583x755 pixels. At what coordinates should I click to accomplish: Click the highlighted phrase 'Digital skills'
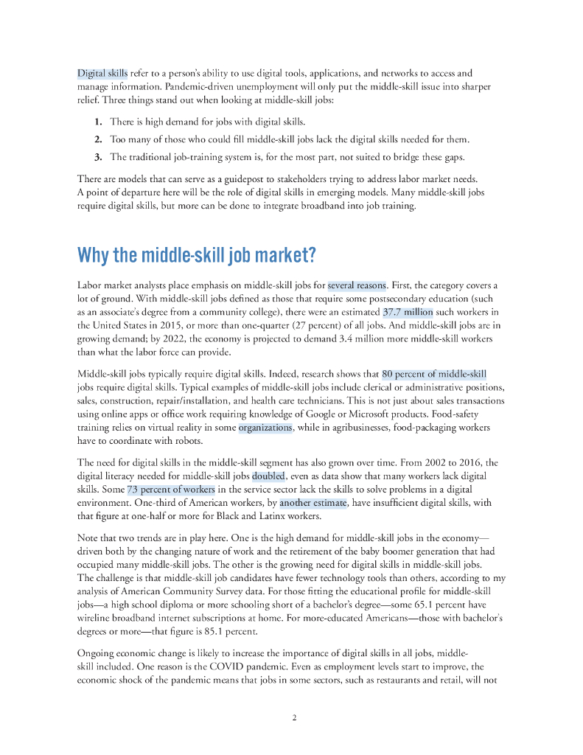[102, 73]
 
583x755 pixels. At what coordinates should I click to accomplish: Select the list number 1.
[97, 121]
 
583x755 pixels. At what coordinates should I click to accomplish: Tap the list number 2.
[97, 139]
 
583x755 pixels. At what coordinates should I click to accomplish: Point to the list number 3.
[97, 156]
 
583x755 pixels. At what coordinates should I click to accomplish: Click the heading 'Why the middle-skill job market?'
[197, 256]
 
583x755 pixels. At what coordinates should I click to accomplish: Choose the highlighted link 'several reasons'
[357, 285]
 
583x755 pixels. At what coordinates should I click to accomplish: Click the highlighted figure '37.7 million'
[408, 312]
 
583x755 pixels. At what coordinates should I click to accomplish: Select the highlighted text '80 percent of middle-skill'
[434, 374]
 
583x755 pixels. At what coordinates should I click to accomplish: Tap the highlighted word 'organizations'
[265, 428]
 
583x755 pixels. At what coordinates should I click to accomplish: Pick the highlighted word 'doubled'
[268, 476]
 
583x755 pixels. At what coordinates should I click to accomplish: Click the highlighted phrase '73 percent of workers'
[171, 490]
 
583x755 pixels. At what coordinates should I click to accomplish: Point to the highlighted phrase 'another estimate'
[313, 503]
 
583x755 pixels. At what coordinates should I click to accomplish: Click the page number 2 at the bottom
[294, 717]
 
